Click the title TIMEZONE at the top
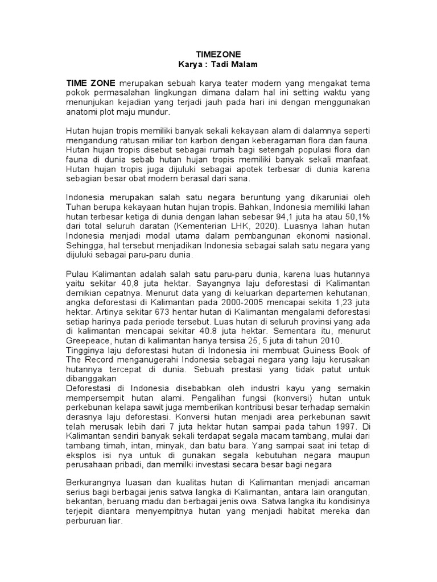219,55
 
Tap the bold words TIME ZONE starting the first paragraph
91,83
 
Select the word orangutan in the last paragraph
348,492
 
